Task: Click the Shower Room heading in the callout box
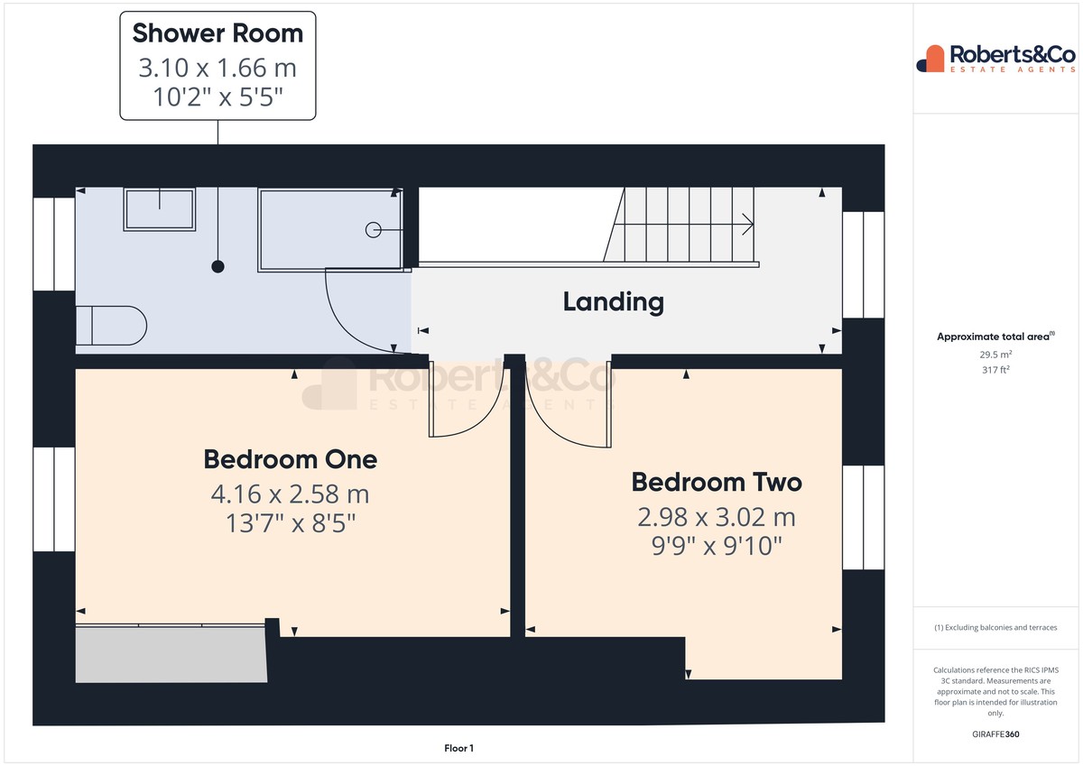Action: (218, 33)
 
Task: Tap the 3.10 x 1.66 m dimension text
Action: (218, 68)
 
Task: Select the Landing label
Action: (614, 302)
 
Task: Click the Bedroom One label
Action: (290, 459)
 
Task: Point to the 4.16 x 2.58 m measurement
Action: (290, 494)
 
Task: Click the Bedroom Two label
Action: (717, 483)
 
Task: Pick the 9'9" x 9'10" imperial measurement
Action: (717, 546)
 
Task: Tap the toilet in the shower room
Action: (111, 325)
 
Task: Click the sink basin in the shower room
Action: (160, 209)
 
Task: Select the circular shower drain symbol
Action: (374, 230)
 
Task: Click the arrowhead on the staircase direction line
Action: (748, 225)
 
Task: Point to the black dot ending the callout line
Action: (218, 266)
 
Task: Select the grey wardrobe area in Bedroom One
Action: (171, 655)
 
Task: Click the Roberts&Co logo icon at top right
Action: (930, 59)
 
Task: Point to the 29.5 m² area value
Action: (995, 355)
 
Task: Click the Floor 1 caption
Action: (458, 748)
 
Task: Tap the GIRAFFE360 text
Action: (995, 734)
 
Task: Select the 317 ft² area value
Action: (995, 370)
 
